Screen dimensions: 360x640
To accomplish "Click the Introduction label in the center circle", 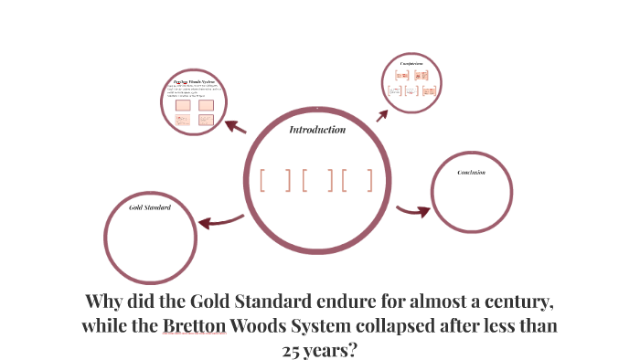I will (x=317, y=130).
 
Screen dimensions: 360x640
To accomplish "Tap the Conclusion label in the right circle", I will (x=471, y=172).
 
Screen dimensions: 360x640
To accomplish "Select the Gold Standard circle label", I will (x=150, y=207).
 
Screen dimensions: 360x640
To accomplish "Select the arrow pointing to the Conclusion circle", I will (x=413, y=211).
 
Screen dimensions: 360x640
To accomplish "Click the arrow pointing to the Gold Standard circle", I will (x=222, y=221).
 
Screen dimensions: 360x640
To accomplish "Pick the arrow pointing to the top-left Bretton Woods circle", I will (x=235, y=126).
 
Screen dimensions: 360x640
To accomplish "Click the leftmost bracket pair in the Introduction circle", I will (x=274, y=180).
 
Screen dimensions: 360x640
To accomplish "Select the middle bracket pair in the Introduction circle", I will (x=316, y=180).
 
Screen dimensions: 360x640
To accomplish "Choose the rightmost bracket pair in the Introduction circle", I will (x=357, y=180).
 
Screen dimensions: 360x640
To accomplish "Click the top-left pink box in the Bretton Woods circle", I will (x=183, y=105).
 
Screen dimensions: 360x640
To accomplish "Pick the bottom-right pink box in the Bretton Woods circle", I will (x=206, y=120).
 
